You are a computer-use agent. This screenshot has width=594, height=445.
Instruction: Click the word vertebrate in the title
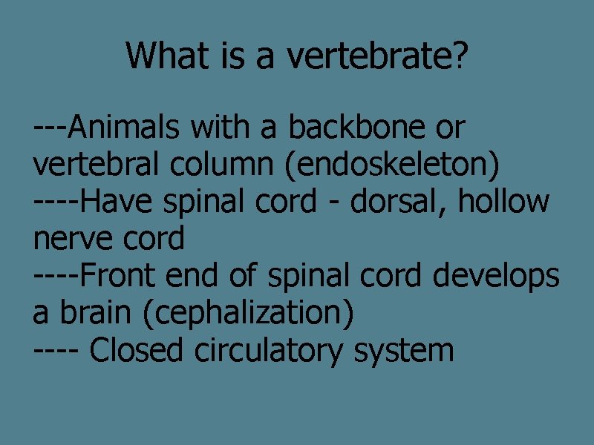[365, 56]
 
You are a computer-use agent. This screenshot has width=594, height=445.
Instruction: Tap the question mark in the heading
[461, 56]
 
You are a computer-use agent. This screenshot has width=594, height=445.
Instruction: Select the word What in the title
[168, 56]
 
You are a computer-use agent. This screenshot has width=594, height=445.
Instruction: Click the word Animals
[126, 128]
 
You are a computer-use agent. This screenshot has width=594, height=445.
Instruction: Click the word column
[223, 165]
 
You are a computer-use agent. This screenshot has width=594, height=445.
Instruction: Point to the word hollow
[504, 202]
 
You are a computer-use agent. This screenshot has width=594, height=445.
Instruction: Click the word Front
[118, 277]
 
